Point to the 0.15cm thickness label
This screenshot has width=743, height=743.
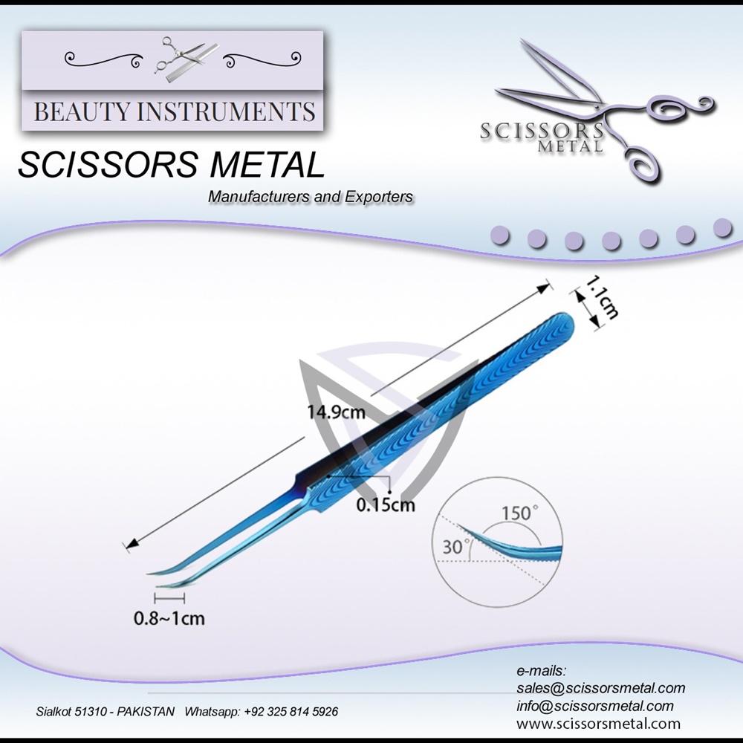[x=385, y=505]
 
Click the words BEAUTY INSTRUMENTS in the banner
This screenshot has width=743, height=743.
[x=175, y=112]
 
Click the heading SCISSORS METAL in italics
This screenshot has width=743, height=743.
[x=171, y=165]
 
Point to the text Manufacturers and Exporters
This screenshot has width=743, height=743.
[x=311, y=197]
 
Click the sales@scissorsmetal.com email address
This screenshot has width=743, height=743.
[x=600, y=688]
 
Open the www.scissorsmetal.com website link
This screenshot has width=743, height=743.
[x=598, y=723]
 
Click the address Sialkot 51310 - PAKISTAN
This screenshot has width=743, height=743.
[x=106, y=711]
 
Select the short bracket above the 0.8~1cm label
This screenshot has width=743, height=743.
[x=169, y=597]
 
